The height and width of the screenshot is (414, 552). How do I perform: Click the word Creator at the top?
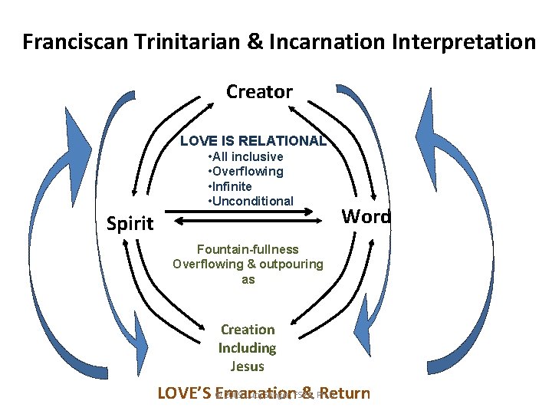(x=259, y=92)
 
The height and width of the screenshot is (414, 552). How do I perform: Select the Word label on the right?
(x=366, y=216)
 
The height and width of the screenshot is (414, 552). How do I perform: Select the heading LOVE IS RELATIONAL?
(x=253, y=141)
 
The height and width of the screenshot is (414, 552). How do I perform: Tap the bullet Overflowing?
(x=248, y=172)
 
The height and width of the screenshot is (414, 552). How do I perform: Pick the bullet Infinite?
(x=232, y=186)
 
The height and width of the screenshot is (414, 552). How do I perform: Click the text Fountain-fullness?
(x=248, y=249)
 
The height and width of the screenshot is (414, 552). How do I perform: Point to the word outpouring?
(x=285, y=264)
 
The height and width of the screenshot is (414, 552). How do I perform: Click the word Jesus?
(x=247, y=366)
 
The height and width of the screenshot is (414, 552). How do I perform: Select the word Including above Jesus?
(x=247, y=348)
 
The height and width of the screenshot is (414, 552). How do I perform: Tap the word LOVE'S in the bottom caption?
(x=183, y=394)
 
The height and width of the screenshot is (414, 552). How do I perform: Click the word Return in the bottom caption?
(x=346, y=394)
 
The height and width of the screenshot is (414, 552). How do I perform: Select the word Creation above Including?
(x=247, y=330)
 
